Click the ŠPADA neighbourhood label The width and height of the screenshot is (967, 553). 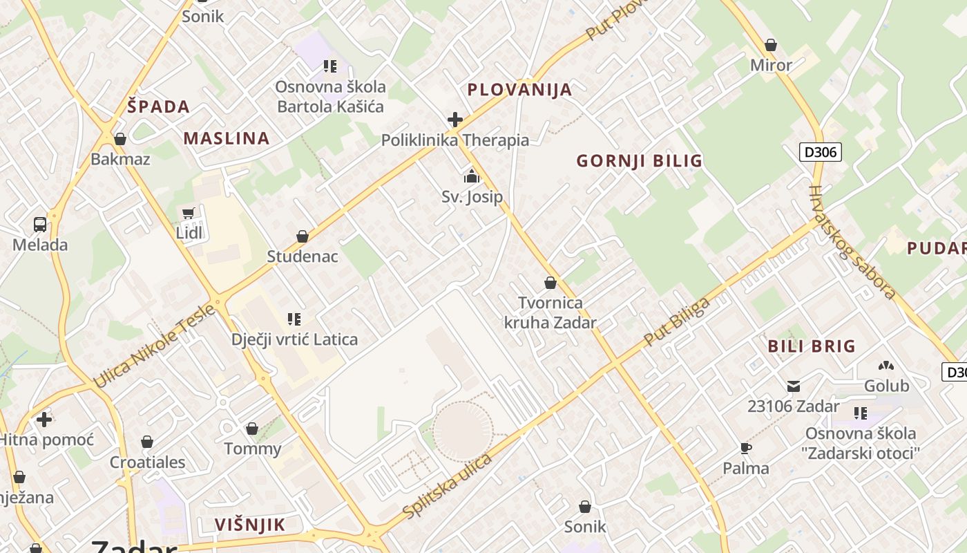click(x=158, y=106)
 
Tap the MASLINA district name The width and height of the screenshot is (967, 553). click(x=226, y=138)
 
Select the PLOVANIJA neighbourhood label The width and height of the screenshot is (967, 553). click(x=519, y=90)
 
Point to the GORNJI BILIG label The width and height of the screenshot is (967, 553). click(x=639, y=161)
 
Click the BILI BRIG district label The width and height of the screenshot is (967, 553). click(x=812, y=346)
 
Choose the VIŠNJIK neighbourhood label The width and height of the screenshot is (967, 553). click(x=249, y=525)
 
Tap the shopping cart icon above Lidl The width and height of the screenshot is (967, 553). click(x=189, y=213)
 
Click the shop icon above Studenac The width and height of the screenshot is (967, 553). click(x=302, y=236)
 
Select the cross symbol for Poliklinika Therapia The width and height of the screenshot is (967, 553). click(x=454, y=120)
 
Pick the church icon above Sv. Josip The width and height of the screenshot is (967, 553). click(x=472, y=177)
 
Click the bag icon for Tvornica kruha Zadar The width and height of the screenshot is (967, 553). click(x=550, y=283)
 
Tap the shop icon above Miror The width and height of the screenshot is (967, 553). click(x=771, y=45)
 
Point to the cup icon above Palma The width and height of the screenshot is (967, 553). click(x=745, y=448)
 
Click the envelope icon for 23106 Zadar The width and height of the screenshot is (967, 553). click(x=793, y=386)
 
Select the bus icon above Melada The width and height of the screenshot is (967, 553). click(x=40, y=224)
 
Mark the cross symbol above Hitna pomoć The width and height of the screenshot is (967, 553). click(x=44, y=420)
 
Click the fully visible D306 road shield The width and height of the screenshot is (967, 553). click(x=821, y=152)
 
